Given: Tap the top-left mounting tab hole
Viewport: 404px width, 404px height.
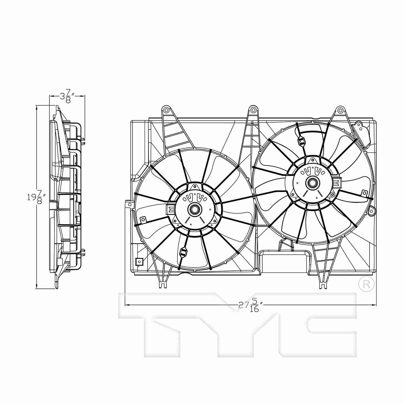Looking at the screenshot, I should coord(166,110).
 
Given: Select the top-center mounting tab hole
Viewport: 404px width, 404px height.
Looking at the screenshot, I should coord(253,110).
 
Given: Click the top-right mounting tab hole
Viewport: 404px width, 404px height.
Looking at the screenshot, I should coord(340,110).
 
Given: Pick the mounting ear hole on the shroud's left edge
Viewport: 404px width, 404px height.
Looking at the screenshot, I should coord(130,205).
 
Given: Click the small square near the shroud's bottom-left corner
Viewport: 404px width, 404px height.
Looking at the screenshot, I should coord(139,261).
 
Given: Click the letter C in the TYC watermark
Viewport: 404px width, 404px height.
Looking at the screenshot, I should coord(329,323).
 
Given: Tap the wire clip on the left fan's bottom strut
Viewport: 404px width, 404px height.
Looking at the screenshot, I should coord(183,252).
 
